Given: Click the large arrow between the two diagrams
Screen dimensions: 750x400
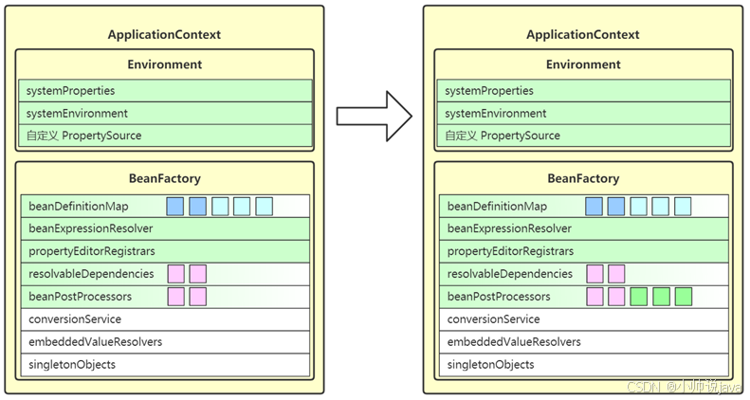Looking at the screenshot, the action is tap(374, 117).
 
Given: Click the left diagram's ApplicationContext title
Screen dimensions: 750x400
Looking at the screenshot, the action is tap(164, 35).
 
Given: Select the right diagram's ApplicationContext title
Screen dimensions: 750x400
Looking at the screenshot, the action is tap(582, 35).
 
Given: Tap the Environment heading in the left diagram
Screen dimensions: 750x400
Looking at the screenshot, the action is tap(165, 64).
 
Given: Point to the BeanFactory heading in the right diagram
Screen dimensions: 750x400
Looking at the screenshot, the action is tap(583, 178).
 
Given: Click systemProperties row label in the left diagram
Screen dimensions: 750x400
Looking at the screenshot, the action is tap(70, 91).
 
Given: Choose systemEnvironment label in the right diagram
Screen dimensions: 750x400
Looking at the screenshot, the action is tap(495, 113).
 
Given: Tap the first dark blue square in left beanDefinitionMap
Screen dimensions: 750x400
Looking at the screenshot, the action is tap(175, 207).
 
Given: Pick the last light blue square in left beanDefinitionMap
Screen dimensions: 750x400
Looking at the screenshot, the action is tap(264, 207).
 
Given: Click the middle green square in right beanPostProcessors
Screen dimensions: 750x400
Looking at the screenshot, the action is tap(661, 297).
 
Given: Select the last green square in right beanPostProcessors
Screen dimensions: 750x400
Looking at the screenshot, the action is tap(683, 297).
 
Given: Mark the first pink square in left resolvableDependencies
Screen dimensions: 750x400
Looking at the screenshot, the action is tap(176, 274).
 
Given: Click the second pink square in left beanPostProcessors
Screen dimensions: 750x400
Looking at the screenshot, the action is tap(198, 297).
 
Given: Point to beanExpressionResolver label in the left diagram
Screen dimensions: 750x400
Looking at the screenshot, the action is tap(90, 228).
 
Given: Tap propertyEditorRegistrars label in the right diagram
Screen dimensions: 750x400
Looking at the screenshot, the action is tap(510, 251).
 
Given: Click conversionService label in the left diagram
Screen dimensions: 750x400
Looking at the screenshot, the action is tap(75, 319).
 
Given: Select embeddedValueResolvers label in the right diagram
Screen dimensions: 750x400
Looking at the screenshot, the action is tap(514, 341).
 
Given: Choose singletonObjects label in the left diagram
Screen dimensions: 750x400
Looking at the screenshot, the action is tap(72, 365).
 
